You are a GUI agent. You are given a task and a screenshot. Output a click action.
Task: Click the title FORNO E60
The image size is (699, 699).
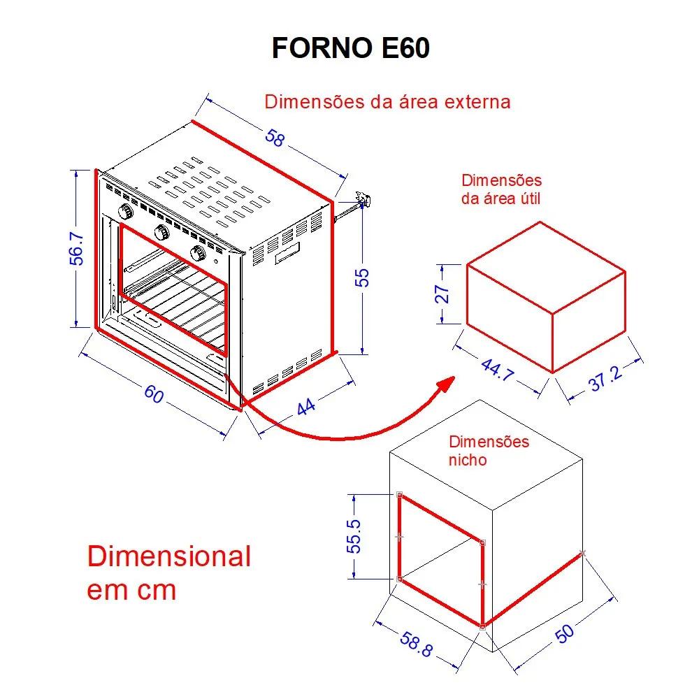349,49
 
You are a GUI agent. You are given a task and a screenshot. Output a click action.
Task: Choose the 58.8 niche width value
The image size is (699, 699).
416,643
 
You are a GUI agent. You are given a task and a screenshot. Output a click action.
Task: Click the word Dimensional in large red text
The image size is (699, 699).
168,557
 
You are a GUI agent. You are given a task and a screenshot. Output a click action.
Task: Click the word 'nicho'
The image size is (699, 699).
468,461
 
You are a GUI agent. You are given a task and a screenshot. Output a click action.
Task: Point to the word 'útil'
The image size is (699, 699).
528,198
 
